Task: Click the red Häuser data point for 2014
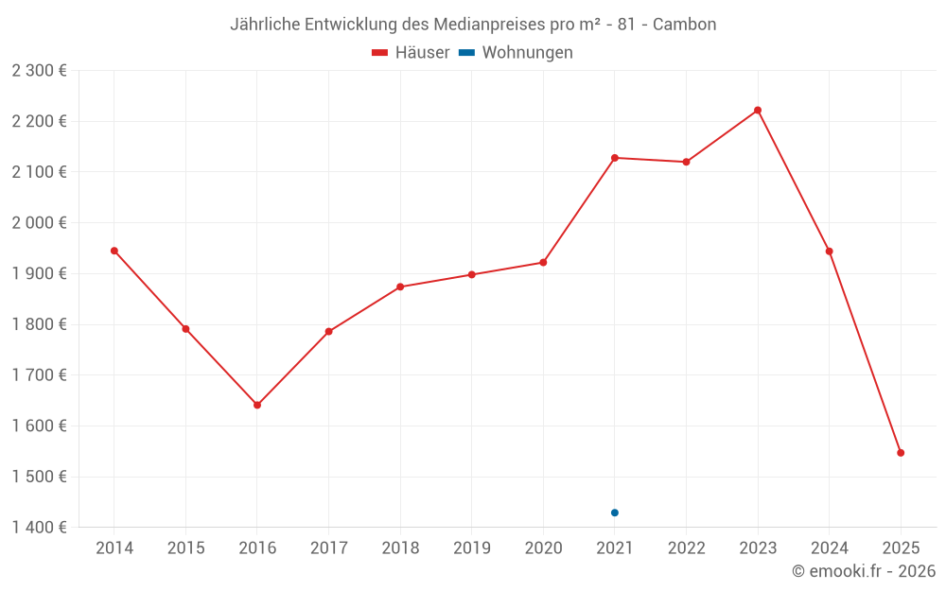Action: tap(114, 251)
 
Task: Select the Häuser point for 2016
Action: tap(257, 405)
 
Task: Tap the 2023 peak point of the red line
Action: tap(758, 111)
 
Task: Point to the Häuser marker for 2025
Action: tap(901, 453)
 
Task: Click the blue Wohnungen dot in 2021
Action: tap(615, 513)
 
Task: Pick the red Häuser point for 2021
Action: tap(615, 158)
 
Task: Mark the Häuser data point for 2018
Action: tap(400, 287)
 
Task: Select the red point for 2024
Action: tap(830, 252)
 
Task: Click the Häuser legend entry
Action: tap(412, 53)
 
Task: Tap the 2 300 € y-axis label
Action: tap(39, 71)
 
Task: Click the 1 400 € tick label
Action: tap(39, 528)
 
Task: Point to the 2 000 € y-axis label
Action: tap(39, 223)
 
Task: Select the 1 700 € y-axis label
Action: tap(39, 375)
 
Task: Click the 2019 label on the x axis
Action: tap(472, 548)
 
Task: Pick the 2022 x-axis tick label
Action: tap(686, 548)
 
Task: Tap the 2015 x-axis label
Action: tap(185, 548)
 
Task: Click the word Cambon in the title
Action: tap(684, 25)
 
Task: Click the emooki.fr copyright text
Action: tap(863, 571)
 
